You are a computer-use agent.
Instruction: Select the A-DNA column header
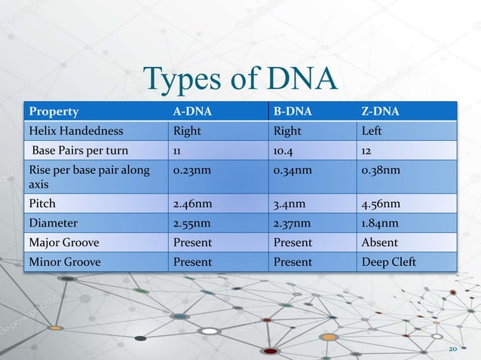[191, 112]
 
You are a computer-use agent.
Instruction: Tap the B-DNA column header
[290, 112]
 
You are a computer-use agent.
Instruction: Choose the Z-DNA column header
[380, 112]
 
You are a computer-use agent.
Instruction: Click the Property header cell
[54, 112]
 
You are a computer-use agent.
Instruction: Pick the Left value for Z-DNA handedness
[372, 130]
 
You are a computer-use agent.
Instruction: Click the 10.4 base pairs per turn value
[284, 149]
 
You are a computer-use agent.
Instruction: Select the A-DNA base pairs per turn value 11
[178, 149]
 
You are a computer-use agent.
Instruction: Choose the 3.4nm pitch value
[288, 203]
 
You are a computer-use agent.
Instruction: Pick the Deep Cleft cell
[388, 262]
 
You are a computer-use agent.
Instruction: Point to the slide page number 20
[453, 350]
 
